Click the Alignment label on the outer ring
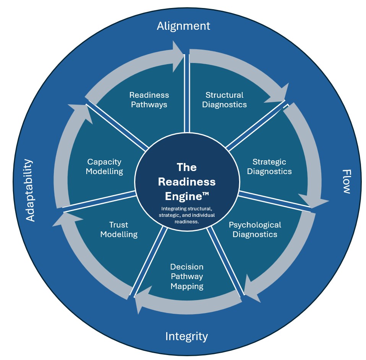(x=183, y=26)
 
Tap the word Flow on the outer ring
(x=346, y=181)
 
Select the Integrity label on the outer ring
(x=186, y=336)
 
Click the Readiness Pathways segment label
(x=149, y=100)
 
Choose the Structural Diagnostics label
(x=224, y=100)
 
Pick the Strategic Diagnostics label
(x=269, y=167)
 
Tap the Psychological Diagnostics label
(x=255, y=229)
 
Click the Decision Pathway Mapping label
(x=187, y=276)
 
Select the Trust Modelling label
(x=119, y=229)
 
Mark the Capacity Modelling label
(x=104, y=166)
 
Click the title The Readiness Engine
(x=187, y=182)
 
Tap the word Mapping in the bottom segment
(x=187, y=286)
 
